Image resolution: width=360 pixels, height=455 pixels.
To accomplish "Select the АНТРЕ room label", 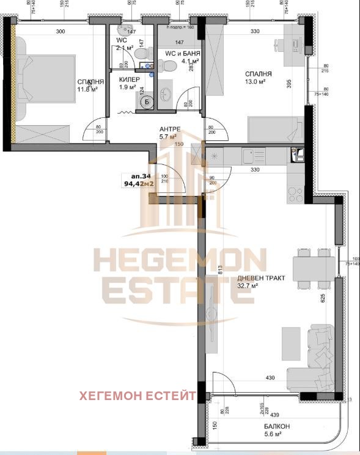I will pyautogui.click(x=171, y=128).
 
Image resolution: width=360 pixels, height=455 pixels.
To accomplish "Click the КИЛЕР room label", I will pyautogui.click(x=129, y=80).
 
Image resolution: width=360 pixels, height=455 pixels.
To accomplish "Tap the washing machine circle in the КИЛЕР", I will pyautogui.click(x=147, y=103).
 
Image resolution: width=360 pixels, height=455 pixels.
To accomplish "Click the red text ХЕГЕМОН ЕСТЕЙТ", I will pyautogui.click(x=138, y=396).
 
